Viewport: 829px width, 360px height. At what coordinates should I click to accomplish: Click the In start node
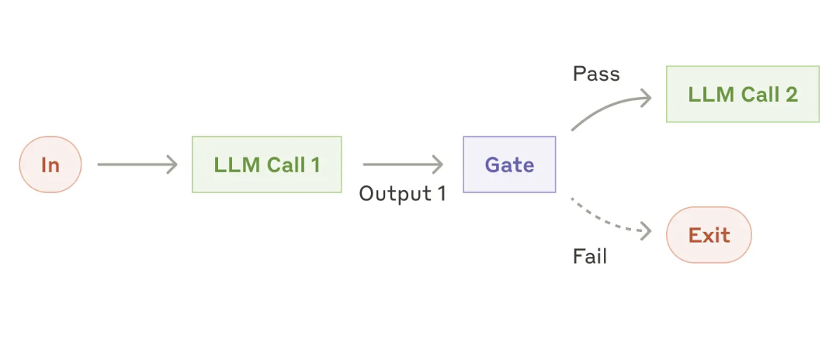(x=50, y=164)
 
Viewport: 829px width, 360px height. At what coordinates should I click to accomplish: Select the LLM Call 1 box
(x=266, y=164)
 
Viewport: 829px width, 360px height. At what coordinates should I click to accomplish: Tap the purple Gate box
(x=509, y=164)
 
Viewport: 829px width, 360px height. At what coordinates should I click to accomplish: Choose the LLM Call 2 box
(x=742, y=94)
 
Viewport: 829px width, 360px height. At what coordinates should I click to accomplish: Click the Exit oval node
(x=709, y=234)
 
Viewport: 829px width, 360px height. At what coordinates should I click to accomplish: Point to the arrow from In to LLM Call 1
(x=137, y=164)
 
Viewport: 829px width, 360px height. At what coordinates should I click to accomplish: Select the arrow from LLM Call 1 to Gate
(x=402, y=164)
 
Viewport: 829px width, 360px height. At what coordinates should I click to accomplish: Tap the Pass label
(x=596, y=74)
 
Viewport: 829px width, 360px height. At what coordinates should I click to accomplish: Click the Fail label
(x=590, y=256)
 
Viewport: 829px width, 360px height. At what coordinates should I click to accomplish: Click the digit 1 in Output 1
(x=441, y=193)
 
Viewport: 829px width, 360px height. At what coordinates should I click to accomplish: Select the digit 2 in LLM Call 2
(x=791, y=95)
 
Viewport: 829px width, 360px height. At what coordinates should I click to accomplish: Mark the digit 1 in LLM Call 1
(x=314, y=164)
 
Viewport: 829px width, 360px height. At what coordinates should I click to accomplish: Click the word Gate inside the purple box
(x=509, y=164)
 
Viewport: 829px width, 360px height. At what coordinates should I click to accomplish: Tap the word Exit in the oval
(x=709, y=234)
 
